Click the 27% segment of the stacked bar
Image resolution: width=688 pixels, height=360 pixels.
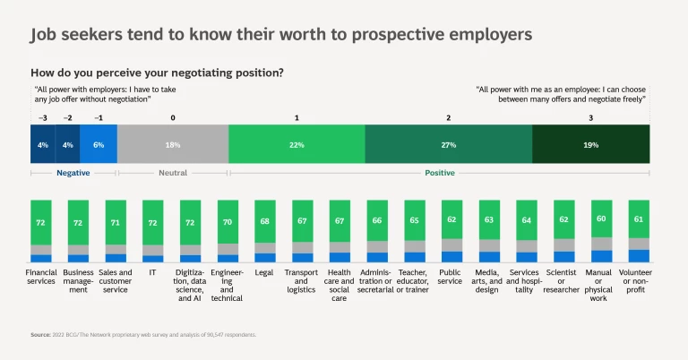coord(448,144)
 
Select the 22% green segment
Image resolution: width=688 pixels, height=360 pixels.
coord(297,144)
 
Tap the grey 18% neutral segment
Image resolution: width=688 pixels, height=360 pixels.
coord(173,144)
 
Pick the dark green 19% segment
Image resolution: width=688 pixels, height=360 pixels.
coord(590,144)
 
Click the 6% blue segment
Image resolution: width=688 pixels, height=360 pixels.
coord(99,144)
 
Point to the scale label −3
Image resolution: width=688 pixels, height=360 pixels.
coord(41,118)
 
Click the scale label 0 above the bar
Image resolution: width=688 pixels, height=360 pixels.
coord(173,118)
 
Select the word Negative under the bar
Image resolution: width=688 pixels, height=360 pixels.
coord(73,173)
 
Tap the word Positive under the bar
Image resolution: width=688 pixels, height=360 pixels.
coord(439,173)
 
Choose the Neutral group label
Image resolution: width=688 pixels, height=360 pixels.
coord(173,173)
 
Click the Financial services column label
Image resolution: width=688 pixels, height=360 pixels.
coord(41,277)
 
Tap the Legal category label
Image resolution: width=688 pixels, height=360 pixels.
coord(264,272)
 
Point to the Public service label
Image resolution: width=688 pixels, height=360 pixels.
coord(451,277)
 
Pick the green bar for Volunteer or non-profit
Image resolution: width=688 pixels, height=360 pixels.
coord(639,219)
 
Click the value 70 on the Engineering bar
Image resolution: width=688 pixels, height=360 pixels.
coord(228,221)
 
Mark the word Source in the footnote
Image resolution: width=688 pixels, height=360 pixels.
coord(39,335)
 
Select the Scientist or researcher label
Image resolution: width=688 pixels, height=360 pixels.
coord(562,281)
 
